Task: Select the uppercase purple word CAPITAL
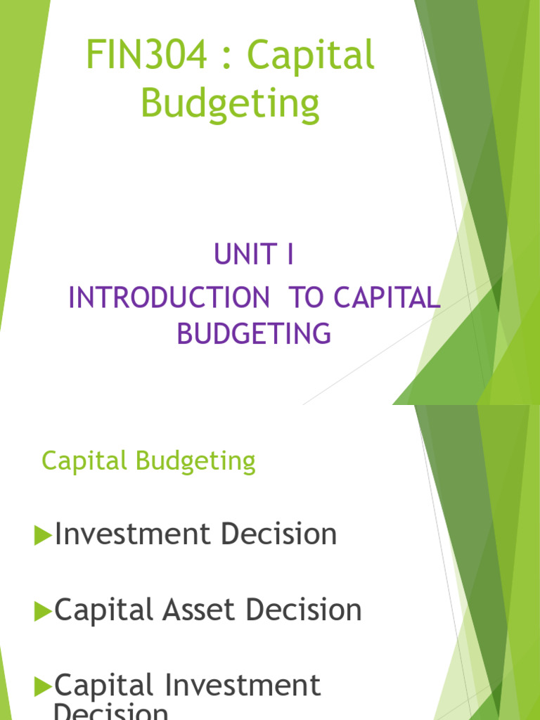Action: coord(387,298)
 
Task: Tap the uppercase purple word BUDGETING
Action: coord(254,333)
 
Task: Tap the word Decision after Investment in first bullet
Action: coord(278,534)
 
